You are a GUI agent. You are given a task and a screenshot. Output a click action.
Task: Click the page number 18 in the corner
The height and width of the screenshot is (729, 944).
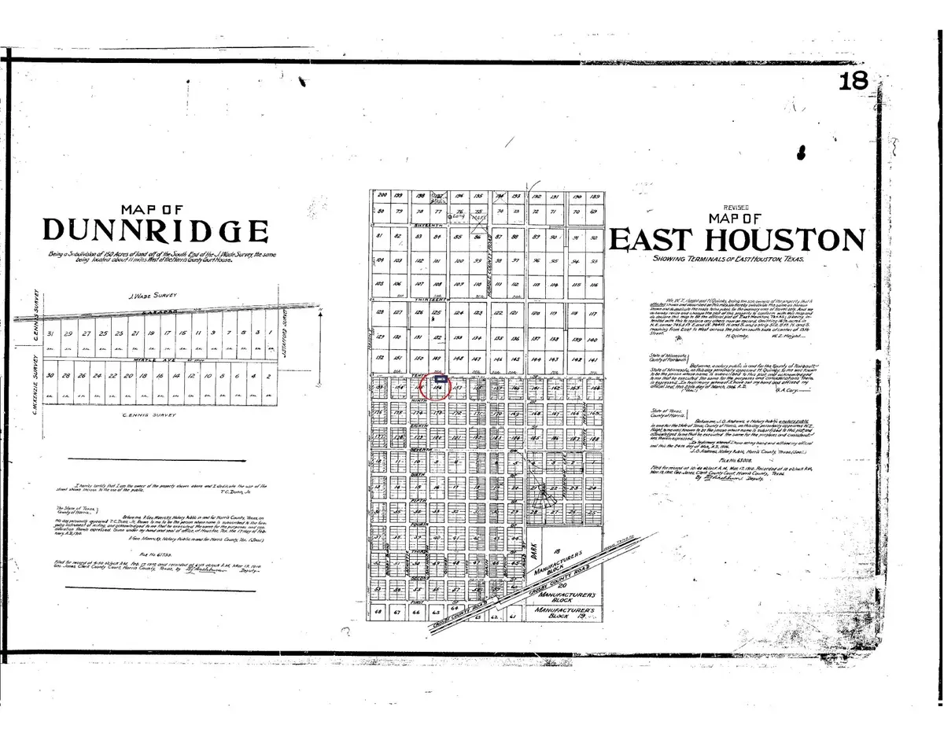tap(852, 80)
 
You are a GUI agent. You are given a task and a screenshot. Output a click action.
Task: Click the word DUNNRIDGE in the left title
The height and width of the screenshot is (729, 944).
tap(155, 230)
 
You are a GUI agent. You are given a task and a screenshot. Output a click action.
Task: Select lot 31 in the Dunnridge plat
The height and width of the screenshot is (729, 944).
tap(51, 333)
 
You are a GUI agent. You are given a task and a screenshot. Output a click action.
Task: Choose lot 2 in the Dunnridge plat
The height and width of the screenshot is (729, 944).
tap(269, 377)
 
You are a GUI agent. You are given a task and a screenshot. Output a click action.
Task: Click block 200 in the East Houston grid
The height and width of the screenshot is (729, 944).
tap(383, 195)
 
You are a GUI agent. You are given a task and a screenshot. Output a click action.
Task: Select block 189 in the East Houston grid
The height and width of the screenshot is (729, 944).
tap(595, 196)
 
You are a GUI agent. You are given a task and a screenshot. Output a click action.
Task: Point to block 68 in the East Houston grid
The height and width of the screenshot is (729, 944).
tap(379, 610)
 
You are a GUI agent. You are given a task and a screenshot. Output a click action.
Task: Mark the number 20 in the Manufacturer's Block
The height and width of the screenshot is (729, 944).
tap(561, 584)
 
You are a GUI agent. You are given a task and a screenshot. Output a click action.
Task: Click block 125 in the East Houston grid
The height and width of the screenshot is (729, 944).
tap(437, 313)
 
